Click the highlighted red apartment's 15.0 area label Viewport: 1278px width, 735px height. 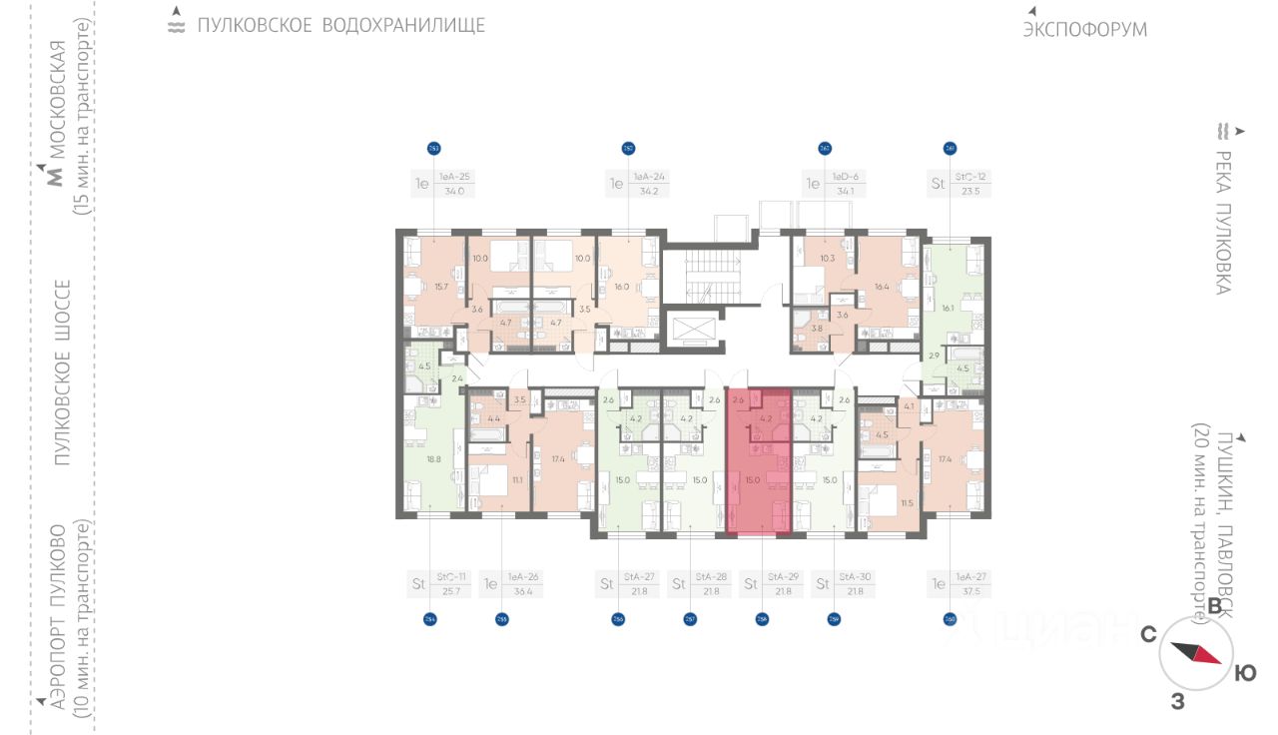[x=752, y=480]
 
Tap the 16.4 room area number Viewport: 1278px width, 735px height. [x=882, y=287]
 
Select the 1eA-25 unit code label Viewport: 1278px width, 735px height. [x=454, y=176]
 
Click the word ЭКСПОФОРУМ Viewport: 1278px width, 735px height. [x=1084, y=30]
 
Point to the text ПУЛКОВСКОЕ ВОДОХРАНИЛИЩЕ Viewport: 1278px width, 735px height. [x=340, y=25]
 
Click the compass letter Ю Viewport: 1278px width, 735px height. [x=1245, y=674]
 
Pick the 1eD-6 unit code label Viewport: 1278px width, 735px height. [x=845, y=176]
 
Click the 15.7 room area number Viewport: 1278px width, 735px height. [x=440, y=287]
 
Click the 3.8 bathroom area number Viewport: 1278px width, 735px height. [x=817, y=328]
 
